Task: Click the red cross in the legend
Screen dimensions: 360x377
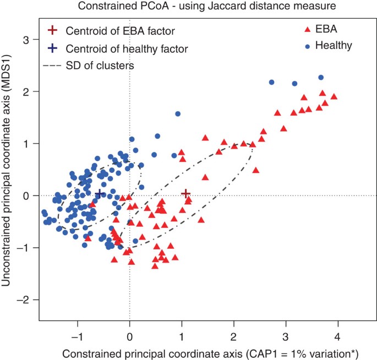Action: click(52, 30)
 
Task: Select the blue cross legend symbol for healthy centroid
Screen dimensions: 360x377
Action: click(52, 48)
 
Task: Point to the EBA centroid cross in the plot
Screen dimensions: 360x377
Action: click(186, 193)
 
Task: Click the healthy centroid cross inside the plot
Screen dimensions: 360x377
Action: click(99, 193)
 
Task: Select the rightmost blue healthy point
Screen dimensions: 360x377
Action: click(321, 77)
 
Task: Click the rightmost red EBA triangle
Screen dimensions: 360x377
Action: click(334, 97)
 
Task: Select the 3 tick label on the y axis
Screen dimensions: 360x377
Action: click(26, 40)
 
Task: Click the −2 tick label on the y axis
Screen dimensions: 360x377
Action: click(24, 299)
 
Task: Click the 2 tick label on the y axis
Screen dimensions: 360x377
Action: click(26, 91)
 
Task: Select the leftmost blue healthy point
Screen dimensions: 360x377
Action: click(43, 212)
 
